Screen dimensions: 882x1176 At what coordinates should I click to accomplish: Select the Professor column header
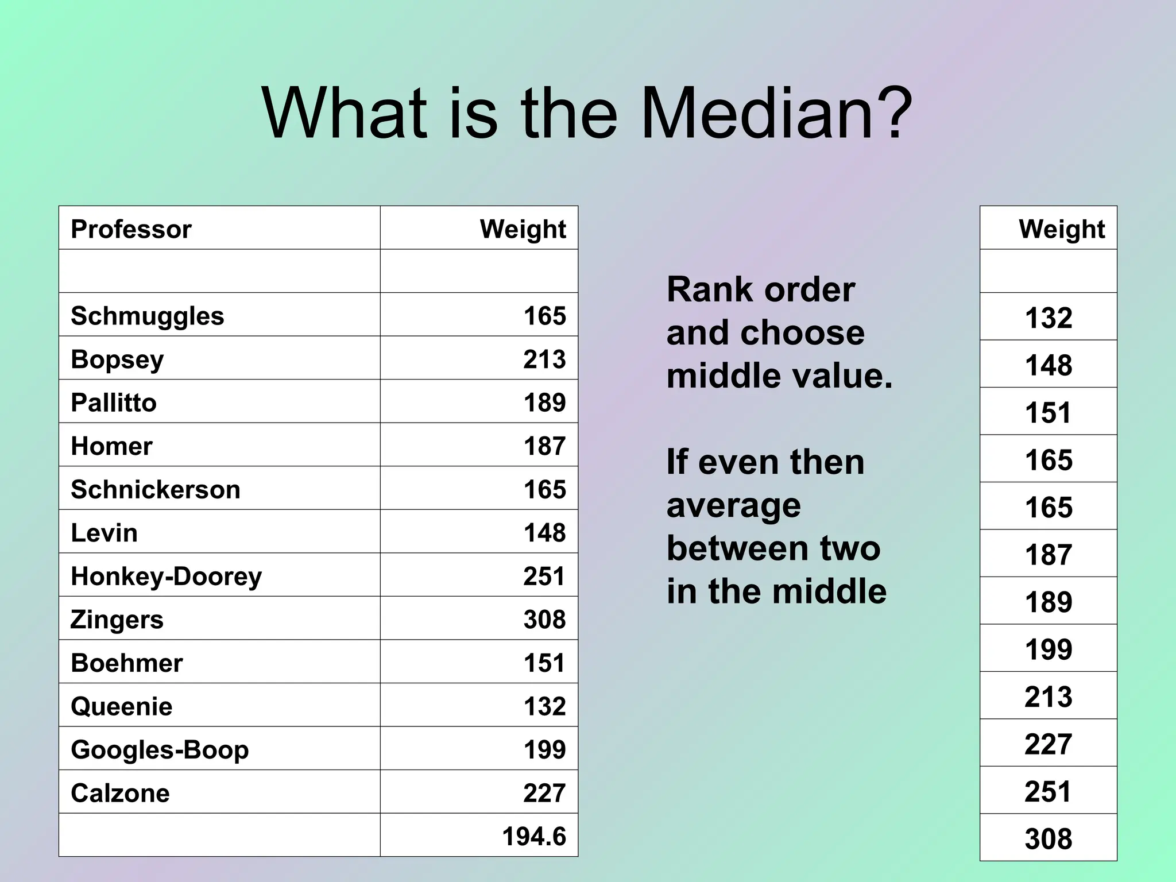tap(131, 229)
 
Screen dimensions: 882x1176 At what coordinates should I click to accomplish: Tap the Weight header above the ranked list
tap(1062, 229)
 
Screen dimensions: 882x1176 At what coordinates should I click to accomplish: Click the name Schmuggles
tap(147, 316)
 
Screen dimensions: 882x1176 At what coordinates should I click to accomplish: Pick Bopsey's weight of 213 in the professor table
tap(544, 359)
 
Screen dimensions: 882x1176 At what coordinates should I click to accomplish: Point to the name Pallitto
tap(114, 403)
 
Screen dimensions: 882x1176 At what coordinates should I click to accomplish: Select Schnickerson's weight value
tap(544, 490)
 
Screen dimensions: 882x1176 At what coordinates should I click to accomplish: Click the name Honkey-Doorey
tap(166, 576)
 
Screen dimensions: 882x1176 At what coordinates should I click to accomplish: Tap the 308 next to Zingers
tap(544, 620)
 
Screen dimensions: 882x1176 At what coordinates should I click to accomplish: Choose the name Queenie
tap(121, 706)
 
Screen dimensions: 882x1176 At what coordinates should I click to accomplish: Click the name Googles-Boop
tap(160, 750)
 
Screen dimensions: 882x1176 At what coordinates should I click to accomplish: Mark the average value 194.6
tap(534, 837)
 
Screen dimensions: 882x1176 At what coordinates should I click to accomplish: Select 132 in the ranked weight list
tap(1049, 318)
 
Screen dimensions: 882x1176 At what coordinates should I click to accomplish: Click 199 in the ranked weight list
tap(1049, 649)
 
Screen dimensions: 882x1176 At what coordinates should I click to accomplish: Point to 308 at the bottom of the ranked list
tap(1049, 839)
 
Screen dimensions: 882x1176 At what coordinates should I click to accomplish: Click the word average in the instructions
tap(733, 505)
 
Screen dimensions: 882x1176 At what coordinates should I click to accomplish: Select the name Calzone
tap(120, 793)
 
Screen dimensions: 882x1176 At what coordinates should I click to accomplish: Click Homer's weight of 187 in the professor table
tap(544, 446)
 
